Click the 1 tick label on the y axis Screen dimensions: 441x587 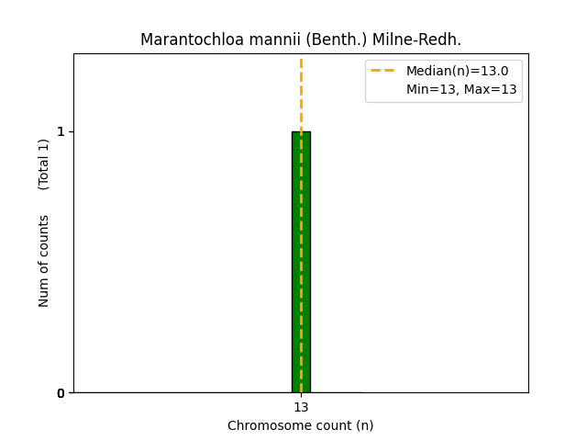[x=61, y=131]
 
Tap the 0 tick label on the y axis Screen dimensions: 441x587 [x=61, y=393]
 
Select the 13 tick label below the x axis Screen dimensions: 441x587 [x=301, y=408]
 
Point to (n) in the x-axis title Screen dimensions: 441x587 [x=365, y=425]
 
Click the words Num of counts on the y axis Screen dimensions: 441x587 [x=44, y=261]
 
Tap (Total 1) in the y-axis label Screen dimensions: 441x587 [x=44, y=164]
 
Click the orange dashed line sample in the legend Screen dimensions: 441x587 [x=382, y=71]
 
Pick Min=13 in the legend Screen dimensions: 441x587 [x=430, y=89]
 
